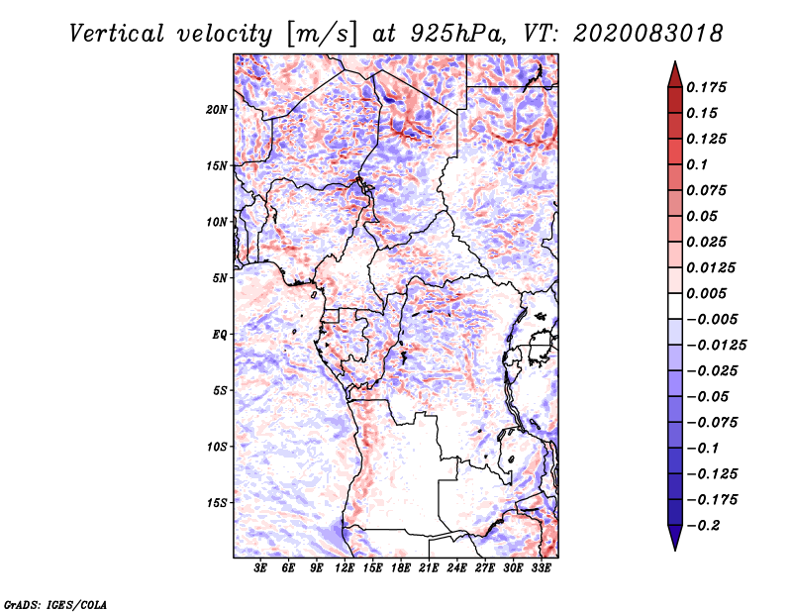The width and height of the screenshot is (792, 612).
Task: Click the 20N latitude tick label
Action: [217, 109]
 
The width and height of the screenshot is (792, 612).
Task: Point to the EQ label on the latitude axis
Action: [219, 334]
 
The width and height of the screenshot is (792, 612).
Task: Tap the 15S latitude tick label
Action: [217, 502]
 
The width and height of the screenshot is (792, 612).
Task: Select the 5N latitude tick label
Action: [220, 277]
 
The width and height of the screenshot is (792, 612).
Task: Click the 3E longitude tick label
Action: [261, 568]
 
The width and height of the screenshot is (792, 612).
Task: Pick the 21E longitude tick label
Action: [430, 568]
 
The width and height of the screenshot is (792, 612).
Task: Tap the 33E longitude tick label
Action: [542, 568]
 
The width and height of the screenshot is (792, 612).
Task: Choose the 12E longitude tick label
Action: [346, 568]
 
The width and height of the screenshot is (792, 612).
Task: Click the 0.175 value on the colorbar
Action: [708, 87]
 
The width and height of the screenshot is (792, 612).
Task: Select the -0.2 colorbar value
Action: [706, 524]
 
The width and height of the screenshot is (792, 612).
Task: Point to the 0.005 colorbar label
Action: [708, 293]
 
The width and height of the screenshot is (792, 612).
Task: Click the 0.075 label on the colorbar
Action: [708, 190]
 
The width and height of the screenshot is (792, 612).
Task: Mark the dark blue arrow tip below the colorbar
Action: [674, 545]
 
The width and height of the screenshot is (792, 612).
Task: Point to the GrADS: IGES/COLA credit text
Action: [54, 603]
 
